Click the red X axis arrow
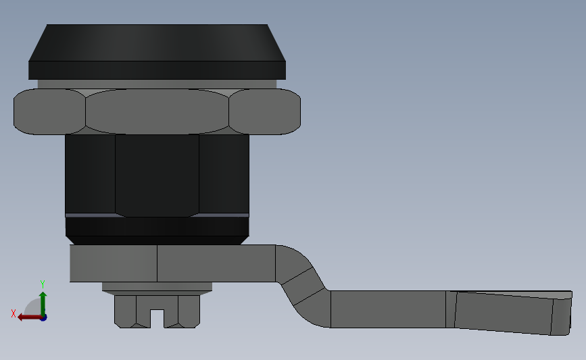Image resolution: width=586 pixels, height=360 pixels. [x=27, y=317]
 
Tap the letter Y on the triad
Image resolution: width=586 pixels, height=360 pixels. [x=42, y=284]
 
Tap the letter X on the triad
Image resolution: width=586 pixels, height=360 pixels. [x=13, y=313]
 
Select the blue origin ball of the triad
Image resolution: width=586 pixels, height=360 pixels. [x=43, y=317]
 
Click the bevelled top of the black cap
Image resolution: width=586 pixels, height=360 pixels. [x=157, y=43]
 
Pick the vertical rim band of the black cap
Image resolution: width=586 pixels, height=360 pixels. [x=157, y=70]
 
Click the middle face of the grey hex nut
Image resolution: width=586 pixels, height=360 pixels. [x=157, y=111]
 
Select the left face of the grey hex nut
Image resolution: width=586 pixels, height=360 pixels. [x=49, y=111]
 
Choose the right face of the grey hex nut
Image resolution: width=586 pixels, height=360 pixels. [x=264, y=111]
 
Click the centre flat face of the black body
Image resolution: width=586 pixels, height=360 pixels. [x=157, y=174]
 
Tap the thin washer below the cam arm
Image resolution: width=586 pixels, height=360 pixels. [x=157, y=287]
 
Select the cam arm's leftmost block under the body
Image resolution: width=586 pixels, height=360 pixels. [x=114, y=263]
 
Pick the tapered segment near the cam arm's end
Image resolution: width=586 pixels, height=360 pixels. [x=504, y=312]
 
